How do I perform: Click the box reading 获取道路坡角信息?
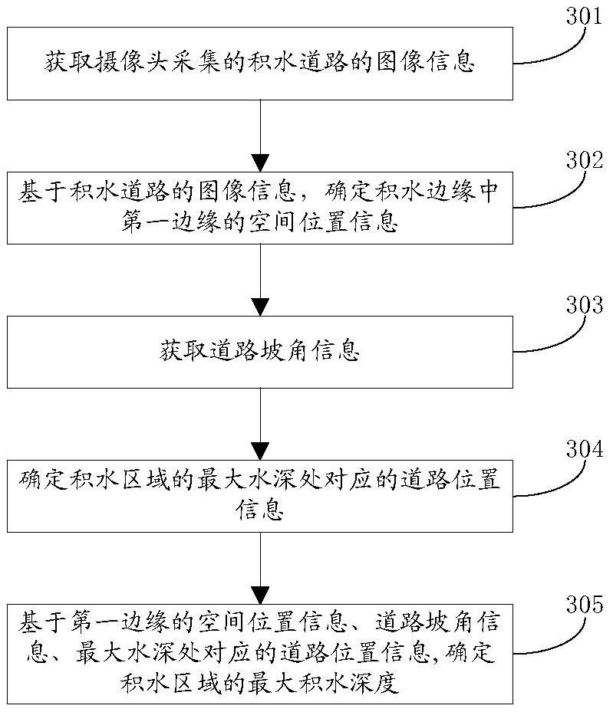[x=261, y=352]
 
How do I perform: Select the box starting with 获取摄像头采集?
[x=261, y=64]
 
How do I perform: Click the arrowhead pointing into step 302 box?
[x=261, y=162]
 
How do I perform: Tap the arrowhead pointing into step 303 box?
[x=261, y=307]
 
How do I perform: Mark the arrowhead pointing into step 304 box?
[x=261, y=450]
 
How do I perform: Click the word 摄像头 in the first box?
[x=137, y=64]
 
